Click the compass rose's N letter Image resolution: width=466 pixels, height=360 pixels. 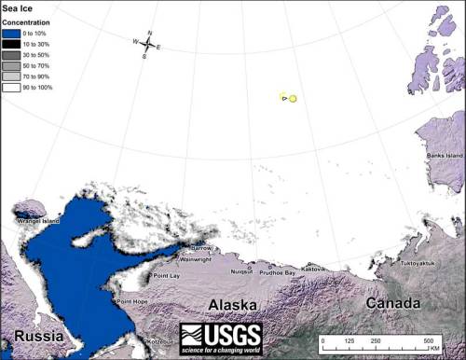[149, 33]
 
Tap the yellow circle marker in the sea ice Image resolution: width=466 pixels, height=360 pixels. [293, 98]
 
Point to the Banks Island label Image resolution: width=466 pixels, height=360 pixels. [443, 155]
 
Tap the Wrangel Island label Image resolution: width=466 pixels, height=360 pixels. [36, 221]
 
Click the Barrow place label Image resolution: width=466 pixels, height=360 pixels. [200, 248]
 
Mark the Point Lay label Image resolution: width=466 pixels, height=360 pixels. [167, 276]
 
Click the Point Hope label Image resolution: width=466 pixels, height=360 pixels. [130, 301]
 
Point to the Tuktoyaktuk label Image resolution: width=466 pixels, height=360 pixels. [417, 264]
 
